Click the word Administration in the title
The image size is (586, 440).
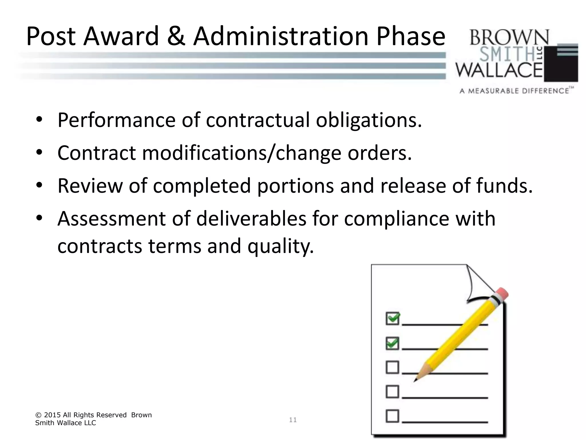[x=281, y=36]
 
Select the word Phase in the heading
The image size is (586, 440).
[x=411, y=36]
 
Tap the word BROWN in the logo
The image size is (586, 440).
[x=509, y=37]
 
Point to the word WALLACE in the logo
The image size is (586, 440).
[x=499, y=70]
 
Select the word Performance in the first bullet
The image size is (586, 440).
[x=116, y=120]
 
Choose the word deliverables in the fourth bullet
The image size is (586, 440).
[x=251, y=219]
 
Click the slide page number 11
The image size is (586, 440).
[x=293, y=420]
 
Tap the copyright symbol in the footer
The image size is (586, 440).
[x=38, y=415]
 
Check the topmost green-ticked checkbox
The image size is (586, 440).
[x=392, y=318]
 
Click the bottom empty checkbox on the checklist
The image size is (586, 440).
[x=392, y=416]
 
